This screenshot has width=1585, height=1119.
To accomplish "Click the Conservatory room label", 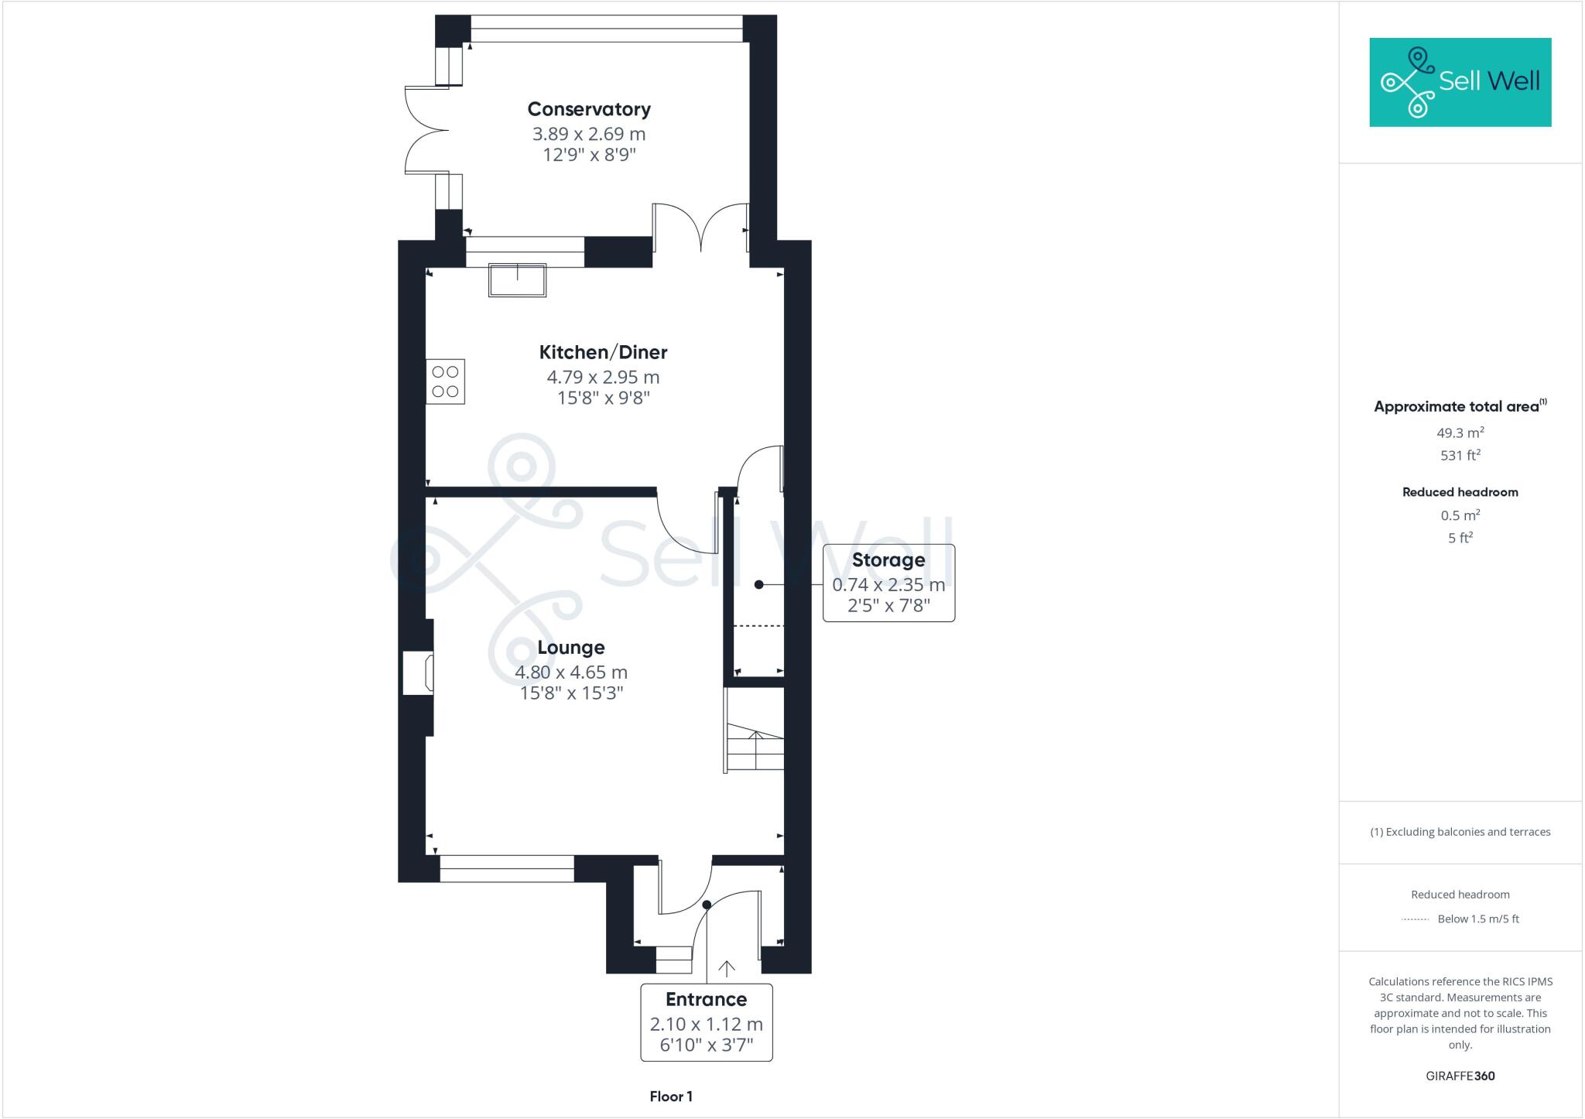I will click(x=589, y=109).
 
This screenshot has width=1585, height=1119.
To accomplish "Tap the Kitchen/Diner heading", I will click(x=603, y=352).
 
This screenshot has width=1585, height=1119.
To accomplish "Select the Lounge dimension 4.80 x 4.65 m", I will click(x=571, y=672).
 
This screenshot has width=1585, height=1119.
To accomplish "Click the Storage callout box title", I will click(x=888, y=559).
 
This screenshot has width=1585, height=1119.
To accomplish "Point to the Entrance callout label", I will click(x=706, y=999).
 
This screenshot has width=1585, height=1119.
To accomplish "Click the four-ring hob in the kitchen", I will click(x=445, y=382).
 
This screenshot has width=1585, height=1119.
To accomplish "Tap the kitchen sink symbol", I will click(x=517, y=280).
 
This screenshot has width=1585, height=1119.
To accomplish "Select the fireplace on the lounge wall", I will click(x=419, y=672).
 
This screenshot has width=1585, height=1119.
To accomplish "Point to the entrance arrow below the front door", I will click(x=726, y=968).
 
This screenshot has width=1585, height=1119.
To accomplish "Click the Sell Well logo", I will click(x=1460, y=82).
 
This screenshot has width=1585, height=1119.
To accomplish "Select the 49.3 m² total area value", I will click(x=1460, y=433).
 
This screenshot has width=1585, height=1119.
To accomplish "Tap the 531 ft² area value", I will click(x=1460, y=455).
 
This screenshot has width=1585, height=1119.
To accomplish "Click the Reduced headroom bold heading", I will click(x=1460, y=492).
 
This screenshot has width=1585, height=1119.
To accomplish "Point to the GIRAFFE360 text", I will click(x=1460, y=1076).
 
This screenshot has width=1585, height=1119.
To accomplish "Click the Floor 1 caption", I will click(x=671, y=1097).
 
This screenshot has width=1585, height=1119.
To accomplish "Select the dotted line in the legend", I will click(x=1415, y=919).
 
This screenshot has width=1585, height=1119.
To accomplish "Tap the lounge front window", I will click(x=507, y=868).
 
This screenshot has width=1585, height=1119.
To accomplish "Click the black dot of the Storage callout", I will click(x=759, y=585).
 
